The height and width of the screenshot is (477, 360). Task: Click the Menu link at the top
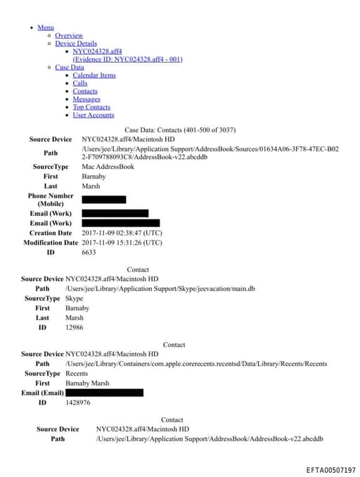click(46, 27)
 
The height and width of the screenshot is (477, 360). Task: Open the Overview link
click(69, 35)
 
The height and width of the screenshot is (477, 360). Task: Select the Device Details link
click(76, 44)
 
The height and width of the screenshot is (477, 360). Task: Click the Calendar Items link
click(94, 75)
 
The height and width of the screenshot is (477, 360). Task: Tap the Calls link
click(80, 83)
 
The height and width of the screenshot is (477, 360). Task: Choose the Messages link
click(86, 99)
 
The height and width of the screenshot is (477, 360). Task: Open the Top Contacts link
click(91, 107)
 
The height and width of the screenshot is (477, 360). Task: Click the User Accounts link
click(93, 115)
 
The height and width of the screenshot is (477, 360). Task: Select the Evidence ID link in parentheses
click(127, 59)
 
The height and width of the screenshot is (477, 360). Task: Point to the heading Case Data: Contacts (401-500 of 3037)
click(180, 130)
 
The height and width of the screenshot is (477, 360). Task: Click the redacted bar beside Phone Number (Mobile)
click(104, 200)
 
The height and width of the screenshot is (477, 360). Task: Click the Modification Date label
click(51, 243)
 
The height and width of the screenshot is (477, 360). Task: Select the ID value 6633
click(89, 252)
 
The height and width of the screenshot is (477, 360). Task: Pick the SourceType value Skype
click(74, 298)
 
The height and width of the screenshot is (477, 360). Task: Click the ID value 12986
click(75, 328)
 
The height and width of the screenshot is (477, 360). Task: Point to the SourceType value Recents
click(77, 374)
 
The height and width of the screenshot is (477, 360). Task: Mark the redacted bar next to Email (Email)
click(104, 393)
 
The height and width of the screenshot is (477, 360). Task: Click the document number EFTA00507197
click(330, 469)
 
